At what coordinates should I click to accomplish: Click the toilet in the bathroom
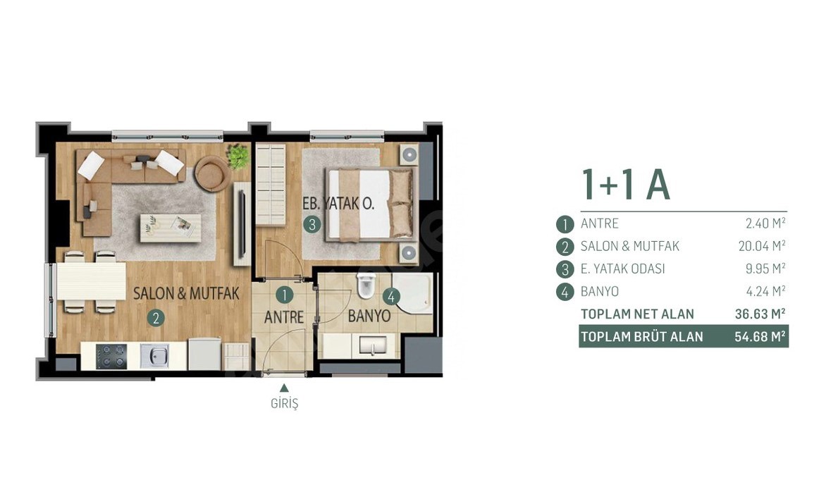coord(366,285)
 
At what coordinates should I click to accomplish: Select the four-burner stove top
coord(111,356)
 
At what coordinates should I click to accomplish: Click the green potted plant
coord(238,156)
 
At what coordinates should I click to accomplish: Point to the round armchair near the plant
coord(212,173)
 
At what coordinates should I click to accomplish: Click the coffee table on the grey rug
coord(171,227)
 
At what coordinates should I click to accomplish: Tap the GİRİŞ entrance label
coord(284,404)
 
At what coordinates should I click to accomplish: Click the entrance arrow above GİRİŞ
coord(284,388)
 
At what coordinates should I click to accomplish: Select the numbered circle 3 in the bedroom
coord(312,225)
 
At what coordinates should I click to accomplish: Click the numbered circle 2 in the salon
coord(156,318)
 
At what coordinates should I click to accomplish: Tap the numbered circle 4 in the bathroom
coord(390,297)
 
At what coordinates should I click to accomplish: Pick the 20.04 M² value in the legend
coord(761,245)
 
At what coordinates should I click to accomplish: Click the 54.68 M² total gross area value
coord(760,336)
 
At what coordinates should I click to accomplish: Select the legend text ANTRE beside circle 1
coord(599,223)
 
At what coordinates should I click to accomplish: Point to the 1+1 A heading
coord(625,185)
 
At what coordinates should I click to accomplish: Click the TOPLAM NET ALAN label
coord(637,314)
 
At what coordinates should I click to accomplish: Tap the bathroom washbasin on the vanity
coord(372,345)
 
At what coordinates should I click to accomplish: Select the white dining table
coord(92,281)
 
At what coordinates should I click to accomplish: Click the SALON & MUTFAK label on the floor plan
coord(186,293)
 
